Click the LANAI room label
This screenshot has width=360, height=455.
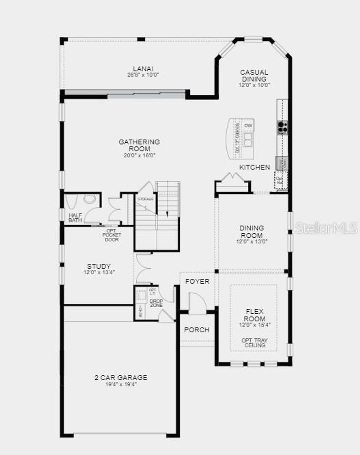coord(143,69)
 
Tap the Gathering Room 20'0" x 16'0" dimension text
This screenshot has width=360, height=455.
coord(139,155)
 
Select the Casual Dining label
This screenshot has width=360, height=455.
coord(254,75)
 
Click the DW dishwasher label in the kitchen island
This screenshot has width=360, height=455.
coord(248,126)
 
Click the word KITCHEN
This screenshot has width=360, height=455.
coord(255,167)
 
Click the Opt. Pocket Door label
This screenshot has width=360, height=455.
coord(112,235)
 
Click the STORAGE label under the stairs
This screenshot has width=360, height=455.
coord(145,199)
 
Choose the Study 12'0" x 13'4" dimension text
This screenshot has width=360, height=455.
coord(99,272)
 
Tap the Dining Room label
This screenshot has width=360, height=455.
coord(252,232)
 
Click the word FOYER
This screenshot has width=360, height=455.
coord(197,281)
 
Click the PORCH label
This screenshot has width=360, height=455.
coord(197,330)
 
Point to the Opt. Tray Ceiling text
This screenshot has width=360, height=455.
coord(255,343)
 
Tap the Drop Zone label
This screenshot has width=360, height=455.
coord(156,303)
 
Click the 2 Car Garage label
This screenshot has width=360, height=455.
coord(121,378)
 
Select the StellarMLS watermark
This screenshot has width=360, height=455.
coord(326,228)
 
